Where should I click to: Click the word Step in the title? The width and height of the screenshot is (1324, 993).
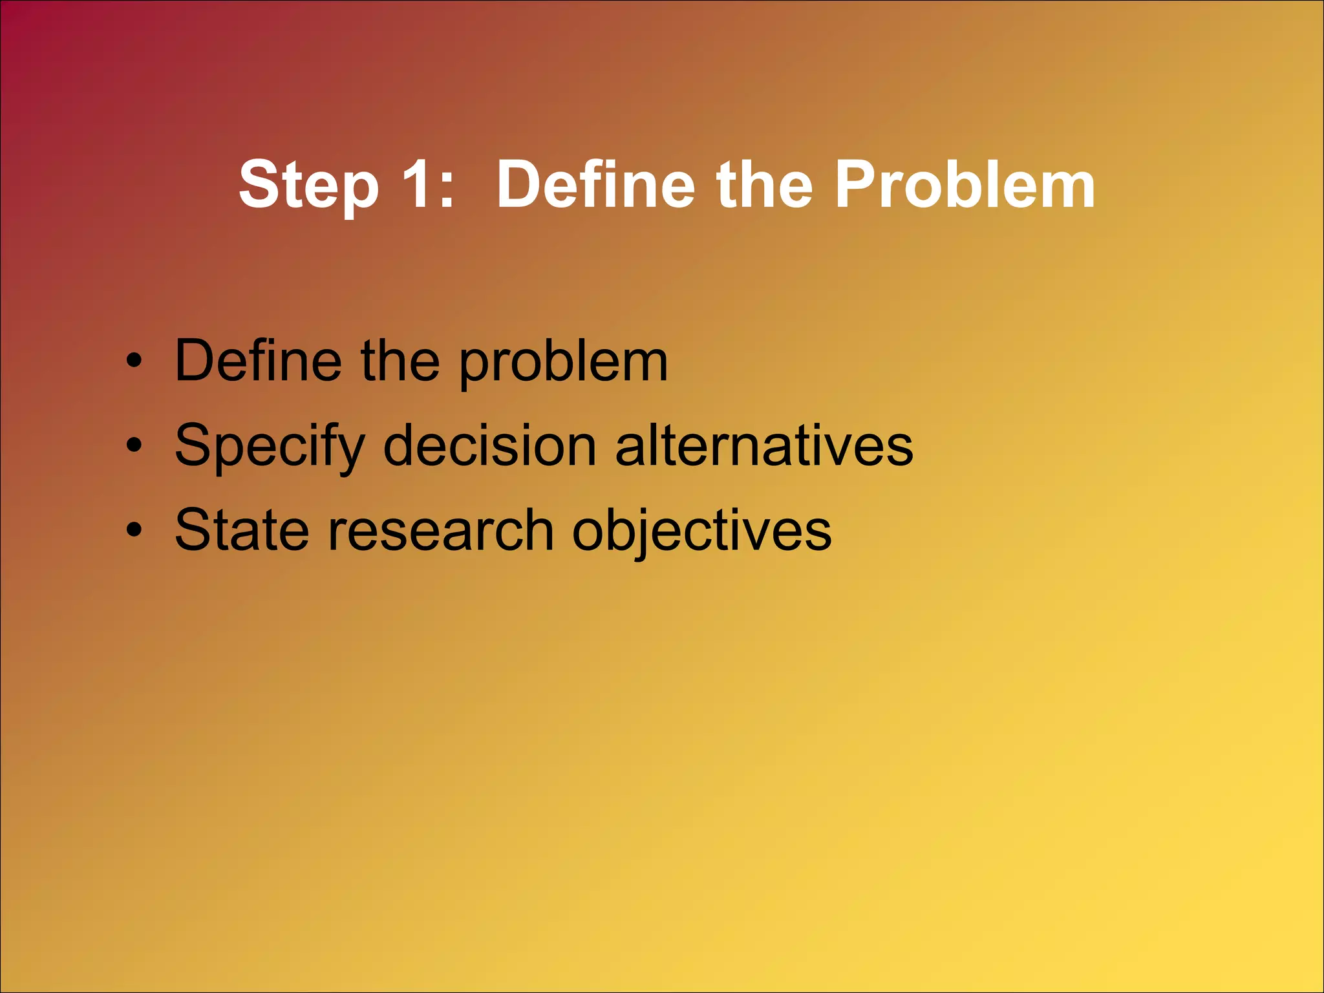[x=308, y=186]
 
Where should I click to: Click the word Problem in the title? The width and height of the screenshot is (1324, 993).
[x=965, y=185]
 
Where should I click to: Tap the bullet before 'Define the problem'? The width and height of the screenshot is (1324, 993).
[x=133, y=361]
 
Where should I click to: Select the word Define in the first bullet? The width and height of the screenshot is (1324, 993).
[x=258, y=361]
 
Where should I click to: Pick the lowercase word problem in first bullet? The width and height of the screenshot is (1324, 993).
[x=563, y=364]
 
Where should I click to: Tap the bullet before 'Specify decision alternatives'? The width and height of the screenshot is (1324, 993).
[x=133, y=445]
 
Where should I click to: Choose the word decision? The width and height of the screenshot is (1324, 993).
[x=489, y=445]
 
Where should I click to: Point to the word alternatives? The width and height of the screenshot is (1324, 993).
[x=763, y=445]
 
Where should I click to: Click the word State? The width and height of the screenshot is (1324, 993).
[x=241, y=530]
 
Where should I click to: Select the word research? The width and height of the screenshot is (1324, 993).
[x=441, y=530]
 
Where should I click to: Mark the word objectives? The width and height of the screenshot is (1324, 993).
[x=701, y=532]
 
